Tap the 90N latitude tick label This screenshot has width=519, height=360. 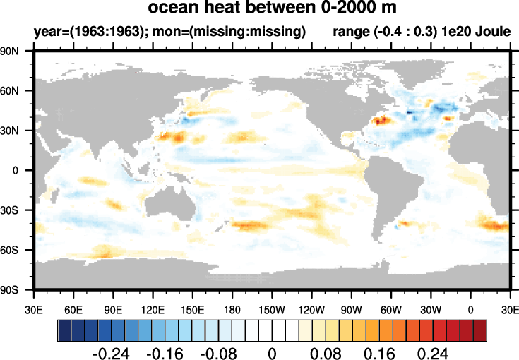coord(16,51)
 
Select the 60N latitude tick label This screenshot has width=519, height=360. coord(16,91)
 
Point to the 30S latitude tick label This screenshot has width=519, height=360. coord(16,210)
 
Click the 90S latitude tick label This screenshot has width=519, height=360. coord(16,289)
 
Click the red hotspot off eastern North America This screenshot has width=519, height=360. coord(380,121)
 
